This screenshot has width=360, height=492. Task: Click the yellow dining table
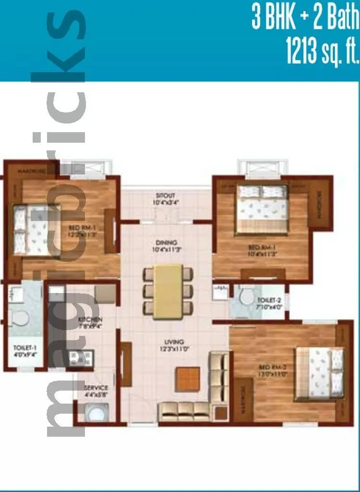point(168,291)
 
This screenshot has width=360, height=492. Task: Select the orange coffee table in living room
point(187,379)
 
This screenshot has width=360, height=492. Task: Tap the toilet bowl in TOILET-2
point(248,296)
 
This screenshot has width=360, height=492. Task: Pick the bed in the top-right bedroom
point(262,209)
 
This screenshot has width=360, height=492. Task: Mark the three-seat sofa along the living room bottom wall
point(184,410)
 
